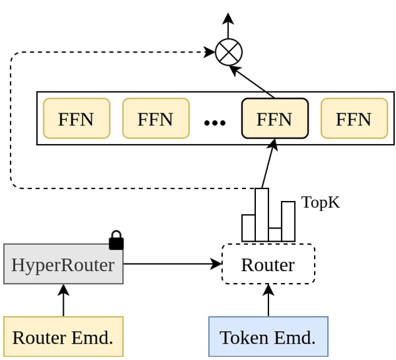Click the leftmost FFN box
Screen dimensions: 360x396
(76, 118)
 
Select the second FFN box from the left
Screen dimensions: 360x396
(156, 118)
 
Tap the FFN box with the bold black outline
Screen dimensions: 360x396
(275, 118)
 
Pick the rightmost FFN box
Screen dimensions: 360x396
(354, 118)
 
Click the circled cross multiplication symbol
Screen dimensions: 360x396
(228, 52)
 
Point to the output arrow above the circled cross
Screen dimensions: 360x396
(228, 25)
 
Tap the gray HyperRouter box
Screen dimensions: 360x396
(63, 264)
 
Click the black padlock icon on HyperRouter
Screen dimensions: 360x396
(116, 241)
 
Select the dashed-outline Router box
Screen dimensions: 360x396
(268, 264)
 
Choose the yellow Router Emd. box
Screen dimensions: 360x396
(63, 337)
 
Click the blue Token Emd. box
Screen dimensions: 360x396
(268, 337)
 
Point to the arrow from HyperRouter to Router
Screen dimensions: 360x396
(172, 264)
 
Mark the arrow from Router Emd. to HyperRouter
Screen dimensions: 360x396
(63, 301)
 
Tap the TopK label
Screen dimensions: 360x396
(320, 202)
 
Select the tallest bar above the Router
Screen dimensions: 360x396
(261, 215)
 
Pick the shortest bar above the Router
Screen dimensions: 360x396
(275, 235)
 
